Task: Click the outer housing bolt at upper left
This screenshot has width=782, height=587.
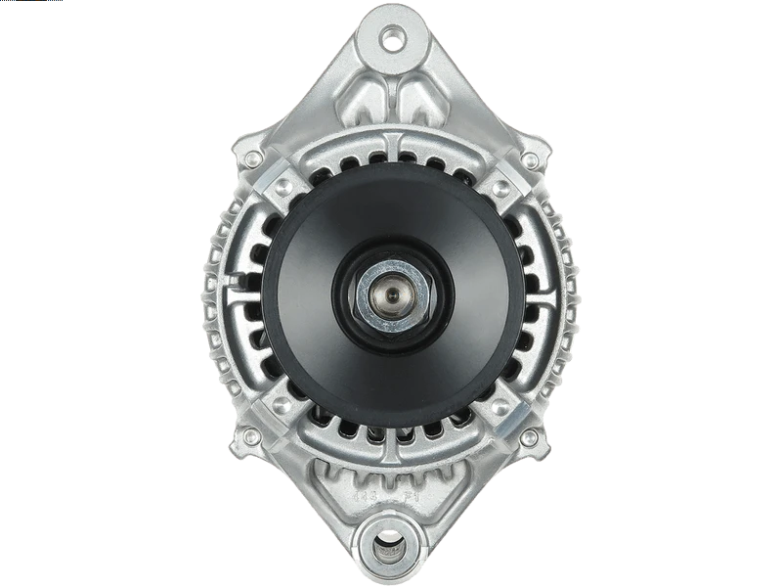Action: (x=253, y=158)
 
